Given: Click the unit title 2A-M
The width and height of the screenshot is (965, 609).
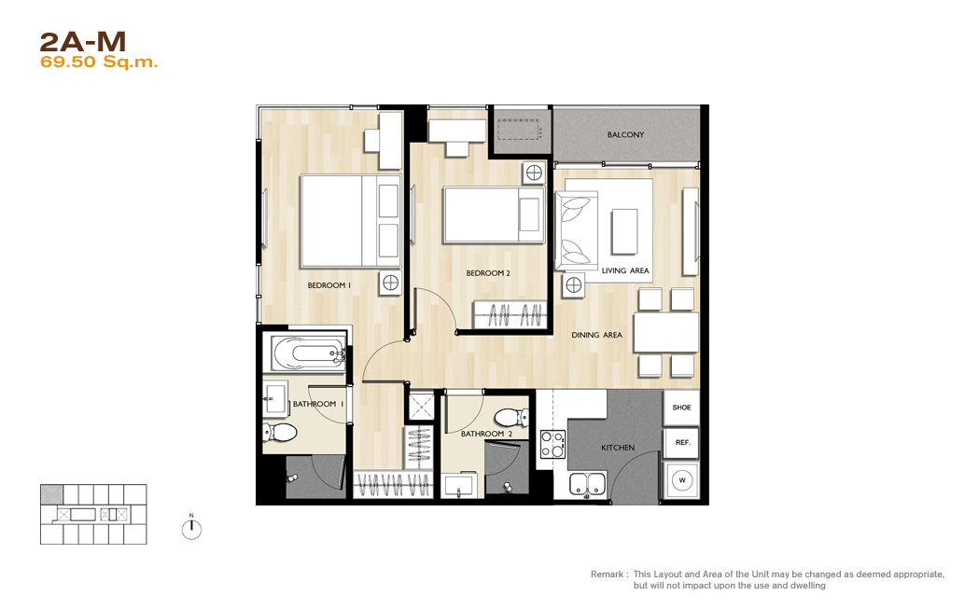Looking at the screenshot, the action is point(83,42).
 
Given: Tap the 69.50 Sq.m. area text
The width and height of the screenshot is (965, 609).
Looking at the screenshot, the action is point(99,62).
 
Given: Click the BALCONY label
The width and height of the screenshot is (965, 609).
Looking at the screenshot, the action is point(625,134).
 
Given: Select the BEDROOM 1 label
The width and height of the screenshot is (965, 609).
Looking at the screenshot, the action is point(329,285).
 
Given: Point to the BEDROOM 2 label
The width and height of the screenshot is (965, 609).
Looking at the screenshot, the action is point(488,273).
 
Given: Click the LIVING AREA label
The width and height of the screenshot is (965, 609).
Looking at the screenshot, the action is point(625,270).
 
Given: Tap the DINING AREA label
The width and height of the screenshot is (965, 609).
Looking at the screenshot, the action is point(597,335).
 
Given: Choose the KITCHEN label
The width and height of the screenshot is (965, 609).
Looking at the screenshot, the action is point(618,448).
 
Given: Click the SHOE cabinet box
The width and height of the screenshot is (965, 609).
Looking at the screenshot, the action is point(681,408).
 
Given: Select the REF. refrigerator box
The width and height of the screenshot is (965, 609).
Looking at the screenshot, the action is point(682,443).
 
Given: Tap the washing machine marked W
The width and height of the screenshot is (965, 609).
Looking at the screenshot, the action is point(682,480).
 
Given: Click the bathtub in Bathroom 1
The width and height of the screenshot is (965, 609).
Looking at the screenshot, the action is point(305,353).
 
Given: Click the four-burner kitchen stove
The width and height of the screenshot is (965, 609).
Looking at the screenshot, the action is point(552,444).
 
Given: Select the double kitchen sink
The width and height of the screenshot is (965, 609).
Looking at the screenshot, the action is point(588,484).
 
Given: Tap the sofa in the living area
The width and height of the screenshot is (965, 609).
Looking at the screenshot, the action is point(577,230).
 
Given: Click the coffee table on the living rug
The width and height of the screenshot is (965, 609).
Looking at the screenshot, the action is point(624,231).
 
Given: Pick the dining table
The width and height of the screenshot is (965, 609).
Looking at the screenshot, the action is point(666,332).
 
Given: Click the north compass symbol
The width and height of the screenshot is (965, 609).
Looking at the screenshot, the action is point(191,529).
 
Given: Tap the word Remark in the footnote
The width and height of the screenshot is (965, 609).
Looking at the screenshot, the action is point(608,574).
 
